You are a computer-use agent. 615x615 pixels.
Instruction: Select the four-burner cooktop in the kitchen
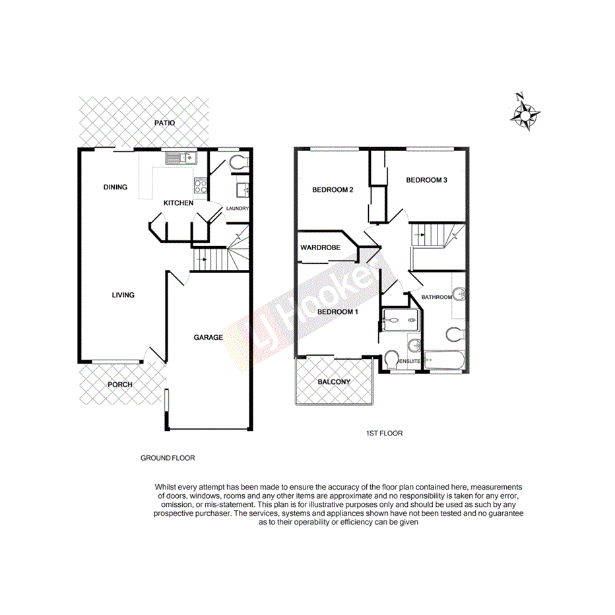201,186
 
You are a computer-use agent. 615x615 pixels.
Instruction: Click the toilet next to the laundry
238,162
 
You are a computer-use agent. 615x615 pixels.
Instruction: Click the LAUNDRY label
238,209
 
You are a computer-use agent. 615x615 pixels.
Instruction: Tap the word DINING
115,187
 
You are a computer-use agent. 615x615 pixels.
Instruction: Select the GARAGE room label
208,338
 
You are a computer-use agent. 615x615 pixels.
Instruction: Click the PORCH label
120,385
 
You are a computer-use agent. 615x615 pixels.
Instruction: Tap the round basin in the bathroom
459,293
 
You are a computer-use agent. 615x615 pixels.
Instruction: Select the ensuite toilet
391,360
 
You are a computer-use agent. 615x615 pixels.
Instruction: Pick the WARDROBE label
320,248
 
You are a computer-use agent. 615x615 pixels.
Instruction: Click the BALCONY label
334,382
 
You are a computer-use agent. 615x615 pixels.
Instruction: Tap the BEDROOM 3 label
427,180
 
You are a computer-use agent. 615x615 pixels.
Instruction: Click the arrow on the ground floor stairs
204,259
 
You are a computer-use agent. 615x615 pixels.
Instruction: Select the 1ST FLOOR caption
384,434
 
